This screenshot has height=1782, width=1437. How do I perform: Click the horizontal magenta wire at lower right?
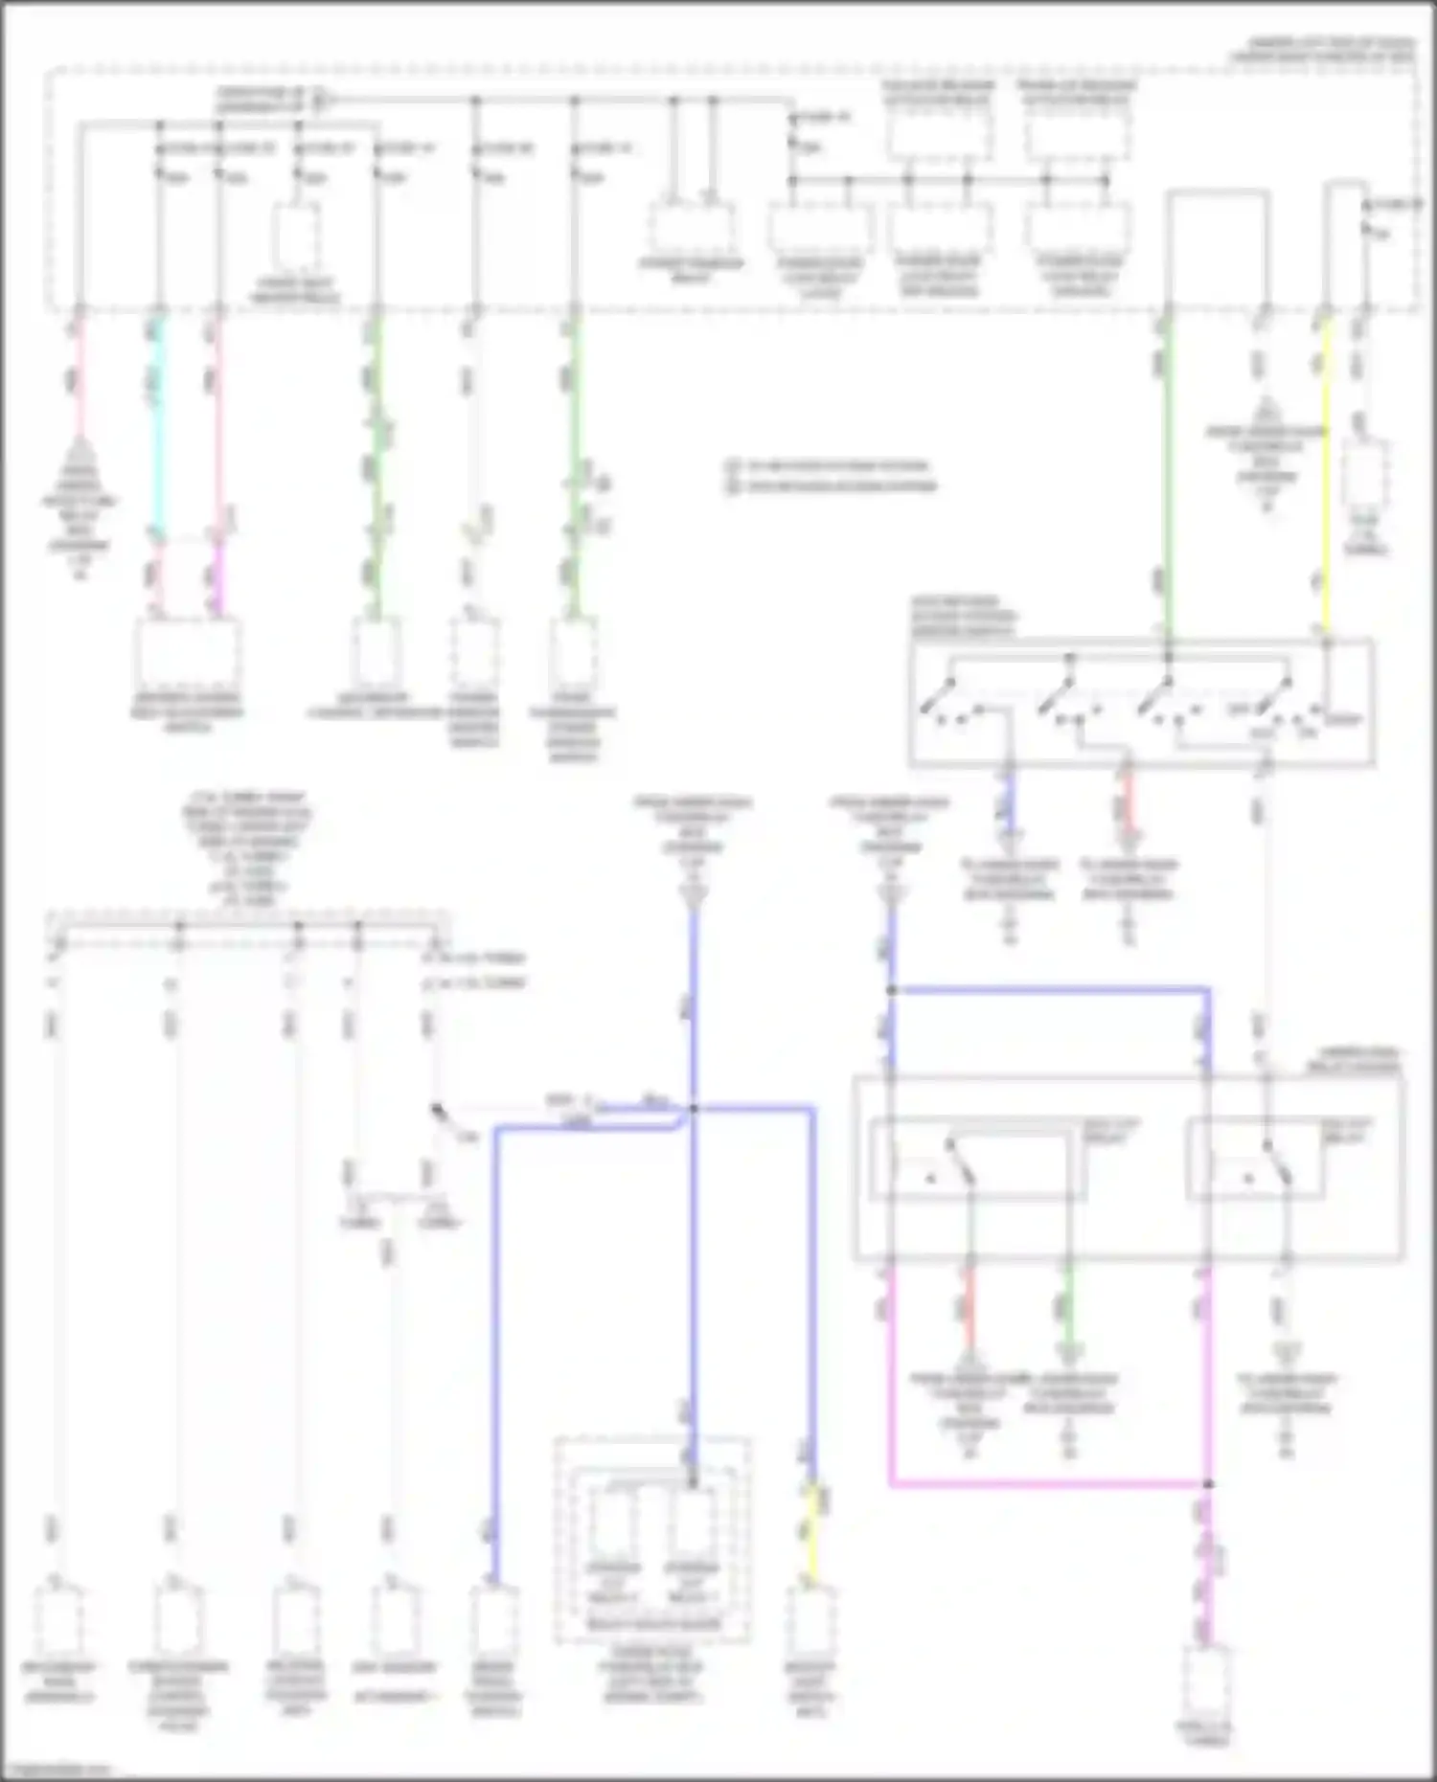point(1049,1484)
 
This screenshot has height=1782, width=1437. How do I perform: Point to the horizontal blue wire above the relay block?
point(1049,989)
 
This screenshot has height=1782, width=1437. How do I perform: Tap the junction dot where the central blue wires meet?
point(694,1109)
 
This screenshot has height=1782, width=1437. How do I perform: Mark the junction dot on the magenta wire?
point(1208,1484)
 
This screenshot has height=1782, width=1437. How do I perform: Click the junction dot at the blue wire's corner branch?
point(891,990)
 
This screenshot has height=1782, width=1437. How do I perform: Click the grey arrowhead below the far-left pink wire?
point(80,460)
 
